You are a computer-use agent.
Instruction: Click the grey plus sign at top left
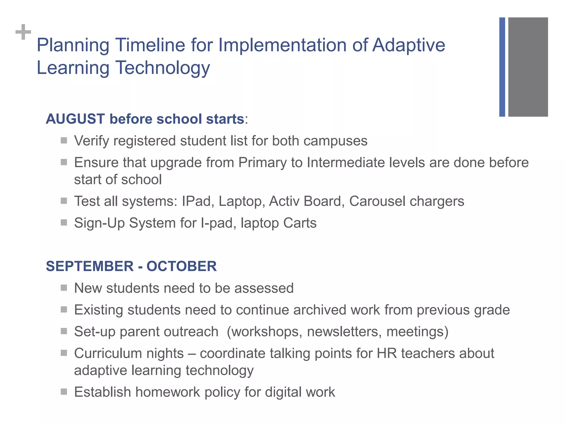click(23, 32)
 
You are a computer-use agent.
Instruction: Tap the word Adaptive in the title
click(408, 45)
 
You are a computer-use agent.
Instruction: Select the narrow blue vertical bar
click(502, 67)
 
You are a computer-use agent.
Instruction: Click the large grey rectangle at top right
click(528, 67)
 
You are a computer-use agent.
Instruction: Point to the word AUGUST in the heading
click(75, 119)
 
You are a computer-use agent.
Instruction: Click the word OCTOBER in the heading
click(182, 266)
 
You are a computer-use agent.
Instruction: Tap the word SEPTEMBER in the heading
click(90, 266)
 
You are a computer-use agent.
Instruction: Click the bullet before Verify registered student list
click(64, 140)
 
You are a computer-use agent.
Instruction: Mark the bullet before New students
click(64, 288)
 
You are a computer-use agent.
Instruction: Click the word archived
click(319, 310)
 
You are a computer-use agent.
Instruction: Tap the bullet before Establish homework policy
click(64, 392)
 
